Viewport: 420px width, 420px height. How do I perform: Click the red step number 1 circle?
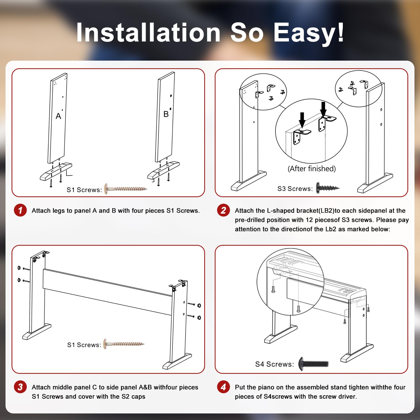(20, 210)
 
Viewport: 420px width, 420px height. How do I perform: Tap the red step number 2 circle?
(223, 210)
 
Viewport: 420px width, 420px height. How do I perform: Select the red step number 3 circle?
(20, 387)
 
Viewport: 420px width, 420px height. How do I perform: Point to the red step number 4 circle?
(223, 387)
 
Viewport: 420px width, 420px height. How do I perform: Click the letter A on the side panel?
(58, 116)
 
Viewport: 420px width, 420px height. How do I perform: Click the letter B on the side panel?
(166, 114)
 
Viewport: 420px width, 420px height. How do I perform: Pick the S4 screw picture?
(313, 364)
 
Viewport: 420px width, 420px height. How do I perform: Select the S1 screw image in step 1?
(125, 188)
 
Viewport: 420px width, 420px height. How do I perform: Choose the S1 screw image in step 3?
(124, 344)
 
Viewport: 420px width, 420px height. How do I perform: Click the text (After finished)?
(312, 169)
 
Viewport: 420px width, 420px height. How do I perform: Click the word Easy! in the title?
(309, 33)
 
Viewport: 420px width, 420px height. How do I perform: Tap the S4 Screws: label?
(275, 364)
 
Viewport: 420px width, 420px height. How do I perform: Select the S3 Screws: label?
(295, 189)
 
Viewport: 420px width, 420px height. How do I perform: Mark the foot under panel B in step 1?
(164, 170)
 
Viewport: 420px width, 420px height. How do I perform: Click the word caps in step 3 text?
(138, 397)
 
